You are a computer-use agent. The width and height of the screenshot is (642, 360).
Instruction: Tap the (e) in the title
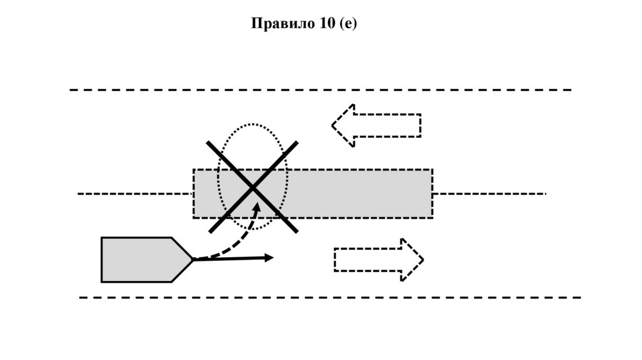pos(347,24)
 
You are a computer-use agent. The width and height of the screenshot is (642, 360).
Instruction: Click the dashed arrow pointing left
pos(376,125)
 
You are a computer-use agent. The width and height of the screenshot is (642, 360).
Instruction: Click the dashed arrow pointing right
pos(379,260)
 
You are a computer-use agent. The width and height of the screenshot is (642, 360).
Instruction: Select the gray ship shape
pos(141,260)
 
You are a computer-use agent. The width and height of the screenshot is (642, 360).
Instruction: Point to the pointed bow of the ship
pos(192,260)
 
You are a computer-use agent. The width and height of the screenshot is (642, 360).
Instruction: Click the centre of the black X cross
pos(253,188)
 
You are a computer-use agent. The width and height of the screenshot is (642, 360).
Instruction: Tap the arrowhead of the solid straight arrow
pos(270,257)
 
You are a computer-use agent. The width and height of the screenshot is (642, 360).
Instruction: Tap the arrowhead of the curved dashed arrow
pos(256,205)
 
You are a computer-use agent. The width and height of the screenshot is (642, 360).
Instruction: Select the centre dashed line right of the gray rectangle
pos(489,194)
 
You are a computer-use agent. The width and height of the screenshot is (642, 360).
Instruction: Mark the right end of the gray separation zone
pos(431,194)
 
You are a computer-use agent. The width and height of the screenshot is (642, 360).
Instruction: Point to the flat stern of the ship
pos(102,260)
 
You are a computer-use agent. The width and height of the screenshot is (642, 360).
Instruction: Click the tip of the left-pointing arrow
pos(333,125)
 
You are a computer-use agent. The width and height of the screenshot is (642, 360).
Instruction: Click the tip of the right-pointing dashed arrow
pos(423,260)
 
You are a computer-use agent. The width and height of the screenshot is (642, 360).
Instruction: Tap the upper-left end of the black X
pos(209,144)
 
